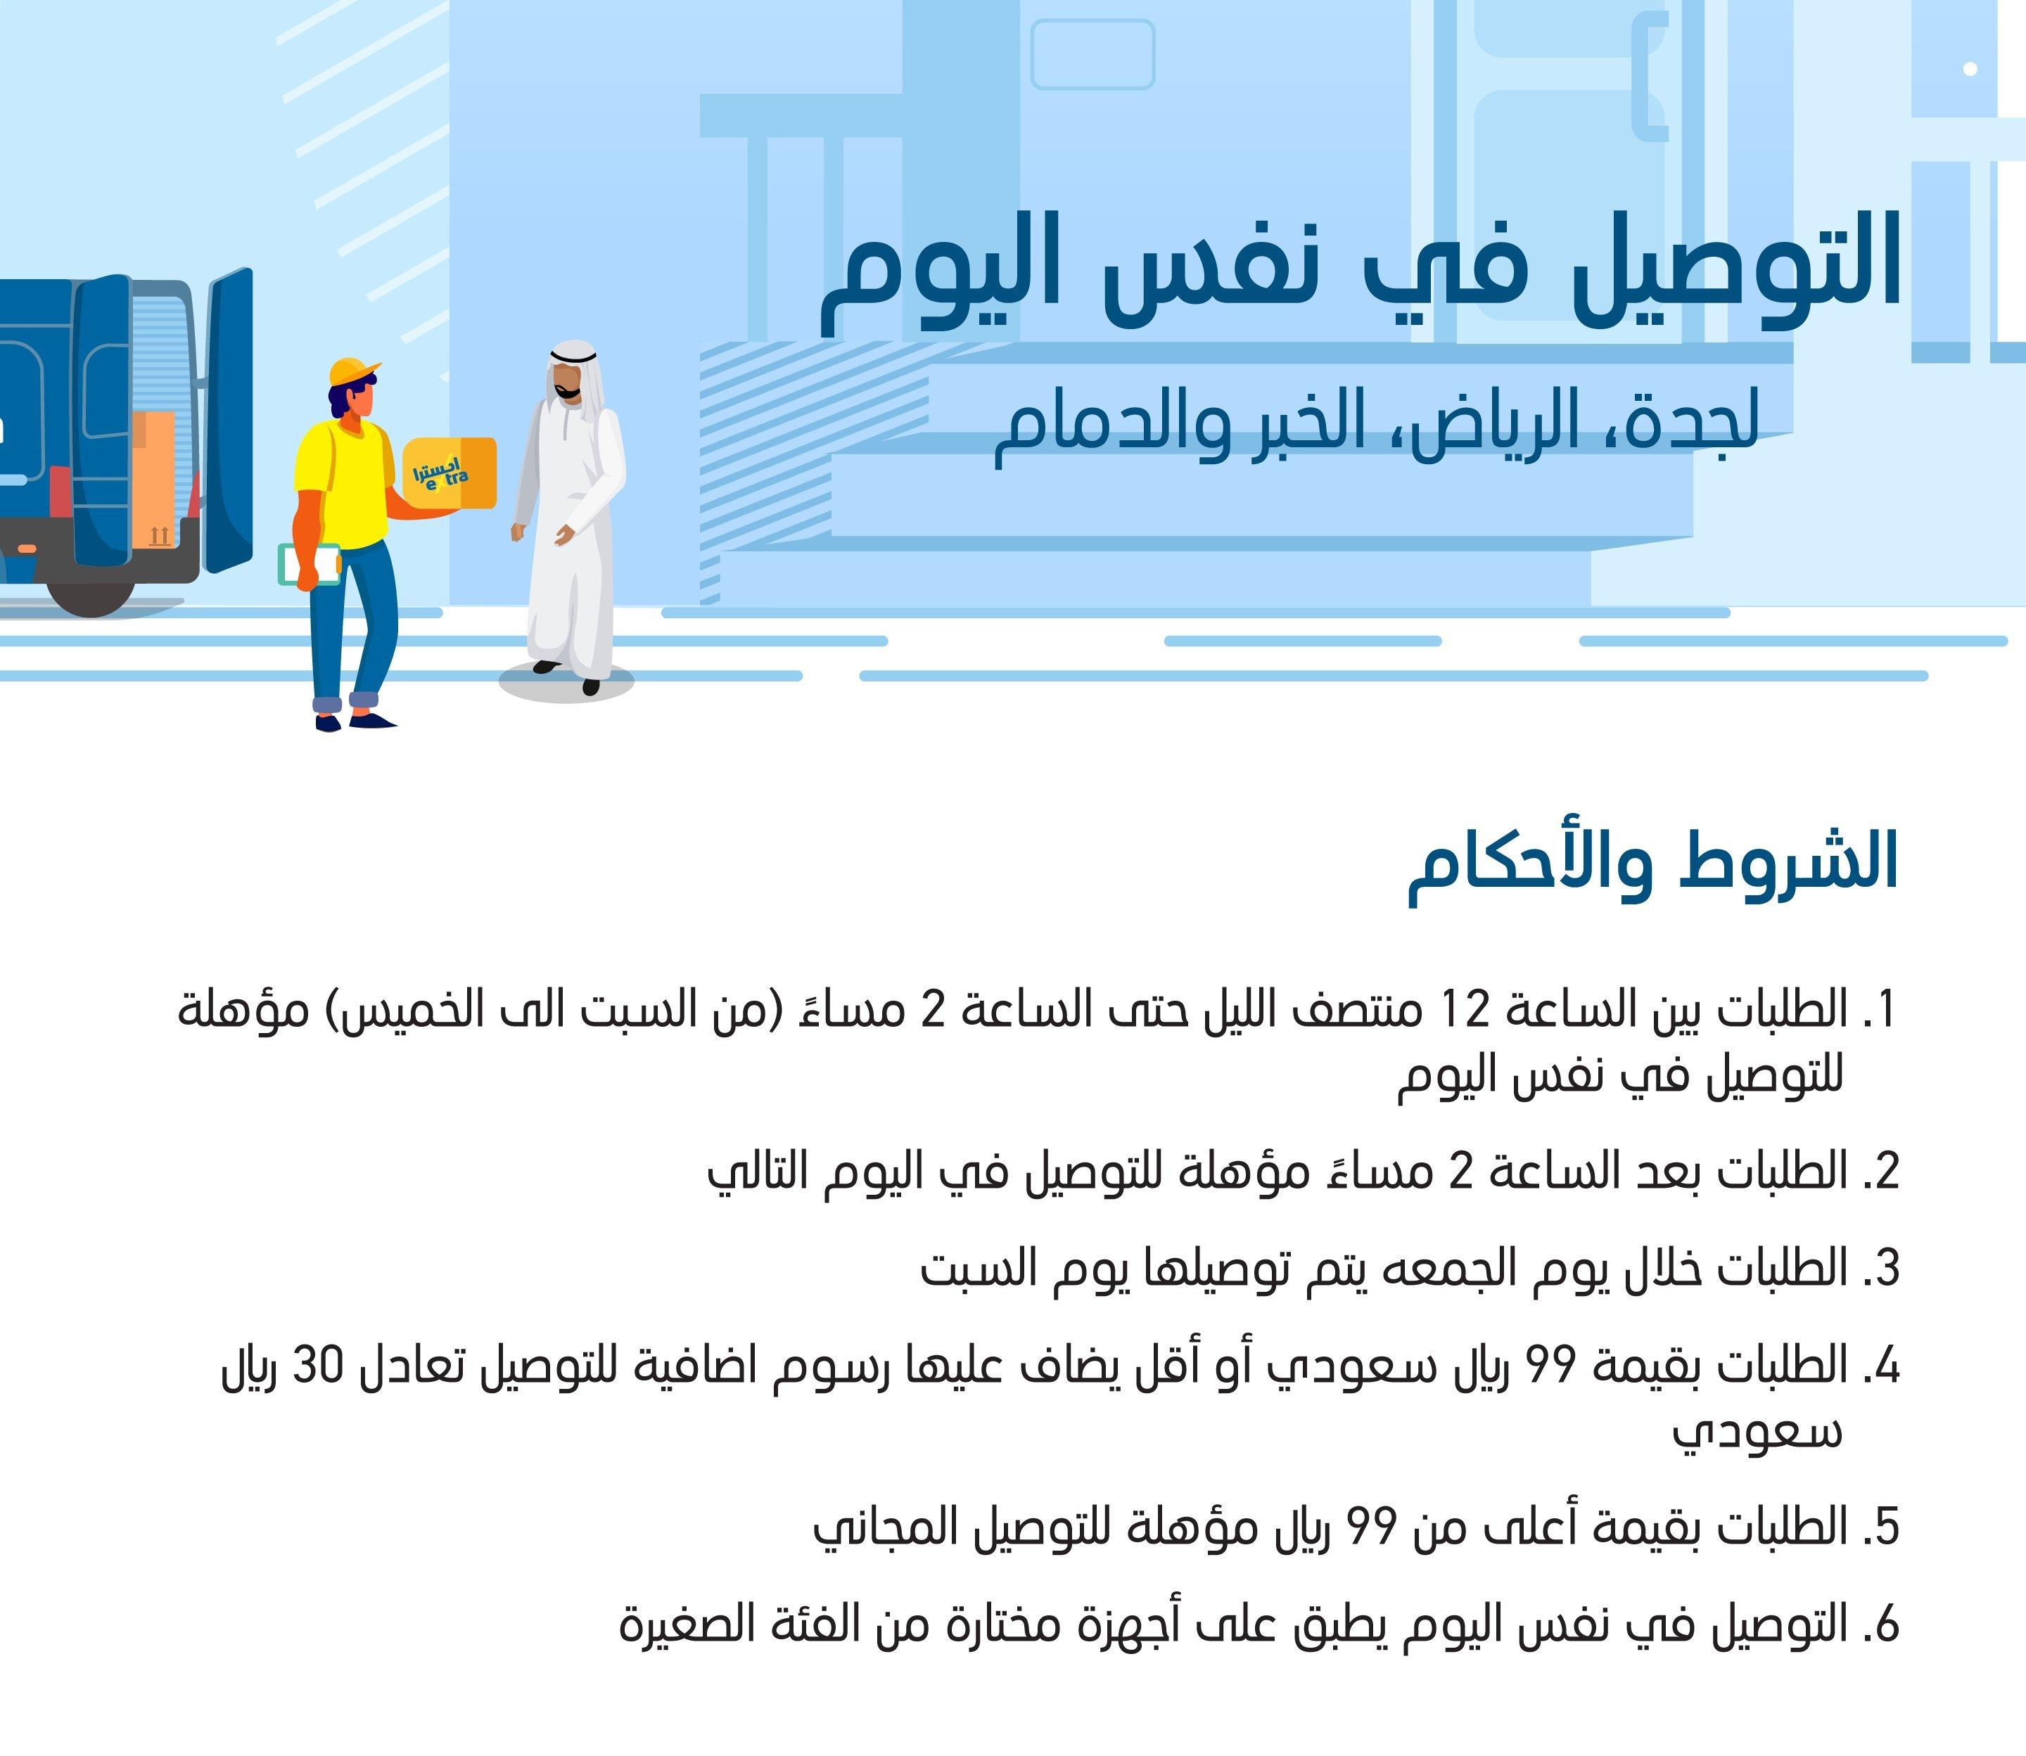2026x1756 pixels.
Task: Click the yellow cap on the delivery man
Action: [353, 372]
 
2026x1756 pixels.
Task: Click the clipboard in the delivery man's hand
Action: [309, 565]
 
